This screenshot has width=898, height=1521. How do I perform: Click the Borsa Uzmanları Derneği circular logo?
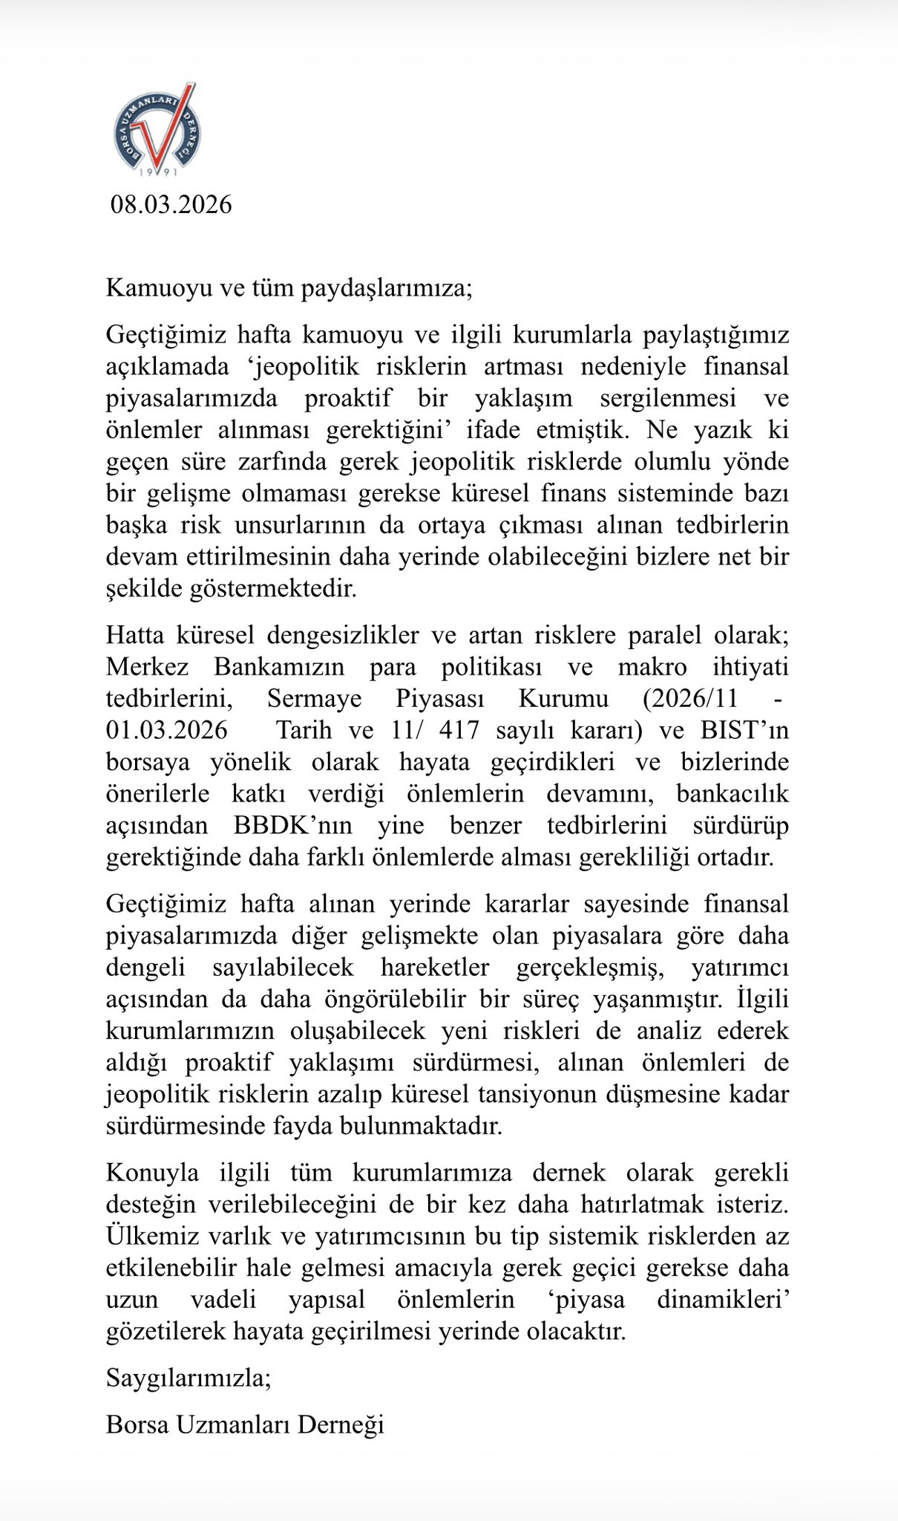pyautogui.click(x=157, y=128)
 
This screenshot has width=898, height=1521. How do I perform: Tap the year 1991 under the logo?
pyautogui.click(x=158, y=173)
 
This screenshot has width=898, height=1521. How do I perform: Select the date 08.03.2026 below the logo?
pyautogui.click(x=171, y=204)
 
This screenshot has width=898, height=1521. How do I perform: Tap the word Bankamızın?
pyautogui.click(x=279, y=666)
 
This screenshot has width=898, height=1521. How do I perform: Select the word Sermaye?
pyautogui.click(x=315, y=698)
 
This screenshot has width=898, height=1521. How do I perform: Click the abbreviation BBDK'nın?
pyautogui.click(x=292, y=825)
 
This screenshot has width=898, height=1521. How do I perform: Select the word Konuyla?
pyautogui.click(x=152, y=1173)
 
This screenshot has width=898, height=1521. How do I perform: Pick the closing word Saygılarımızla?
pyautogui.click(x=189, y=1378)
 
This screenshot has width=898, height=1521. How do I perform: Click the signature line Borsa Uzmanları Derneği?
pyautogui.click(x=245, y=1425)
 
